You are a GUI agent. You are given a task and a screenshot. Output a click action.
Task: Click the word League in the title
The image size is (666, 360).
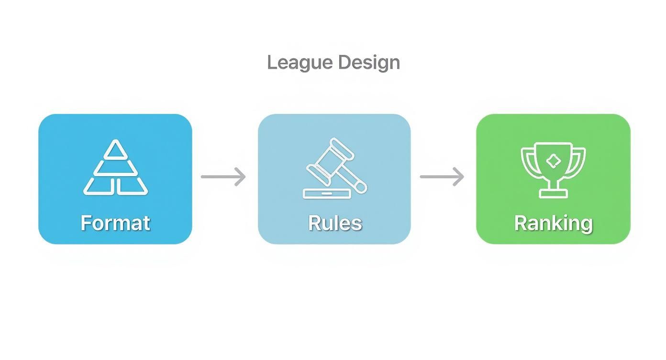point(300,63)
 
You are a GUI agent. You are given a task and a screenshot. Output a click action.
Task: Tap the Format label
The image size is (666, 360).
point(115,223)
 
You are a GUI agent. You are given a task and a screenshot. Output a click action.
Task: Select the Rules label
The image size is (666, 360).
point(335,223)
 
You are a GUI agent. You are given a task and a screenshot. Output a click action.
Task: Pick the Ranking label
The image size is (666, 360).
point(554,224)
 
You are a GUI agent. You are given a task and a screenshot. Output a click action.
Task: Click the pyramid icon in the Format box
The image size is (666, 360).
point(115,168)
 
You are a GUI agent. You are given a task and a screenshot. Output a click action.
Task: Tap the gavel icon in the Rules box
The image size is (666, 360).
point(335,168)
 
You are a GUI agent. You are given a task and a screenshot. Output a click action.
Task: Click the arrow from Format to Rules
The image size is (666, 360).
point(223,177)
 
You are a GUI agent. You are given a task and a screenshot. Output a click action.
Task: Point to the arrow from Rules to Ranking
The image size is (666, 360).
point(442,177)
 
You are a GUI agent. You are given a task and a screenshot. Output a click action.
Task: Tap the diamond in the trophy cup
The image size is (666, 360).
point(553,161)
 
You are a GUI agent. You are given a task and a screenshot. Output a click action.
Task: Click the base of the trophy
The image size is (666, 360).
point(554,193)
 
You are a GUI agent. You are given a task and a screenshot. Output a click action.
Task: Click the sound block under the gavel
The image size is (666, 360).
point(327,193)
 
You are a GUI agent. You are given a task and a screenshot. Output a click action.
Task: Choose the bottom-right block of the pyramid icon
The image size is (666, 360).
point(132,186)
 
